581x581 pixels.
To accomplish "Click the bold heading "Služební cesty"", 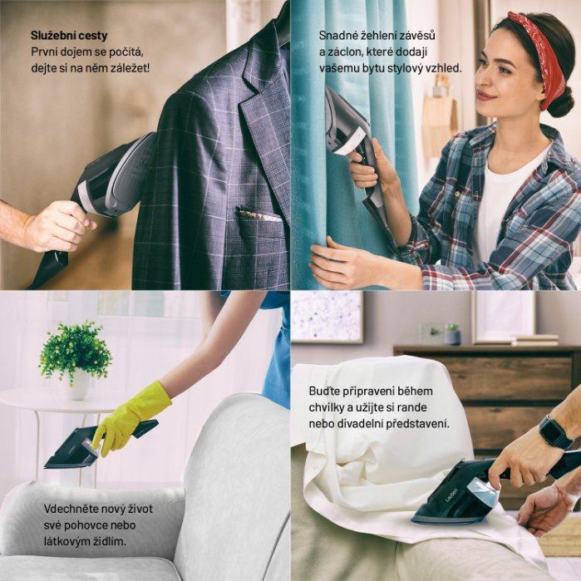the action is point(69,36).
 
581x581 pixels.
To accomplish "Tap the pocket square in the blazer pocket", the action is point(258,215).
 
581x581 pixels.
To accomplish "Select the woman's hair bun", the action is point(559,101).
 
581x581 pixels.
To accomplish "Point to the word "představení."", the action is point(417,424).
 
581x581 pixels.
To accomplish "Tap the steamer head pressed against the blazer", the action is point(122,175).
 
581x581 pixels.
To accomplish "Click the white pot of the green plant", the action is point(79,386).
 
